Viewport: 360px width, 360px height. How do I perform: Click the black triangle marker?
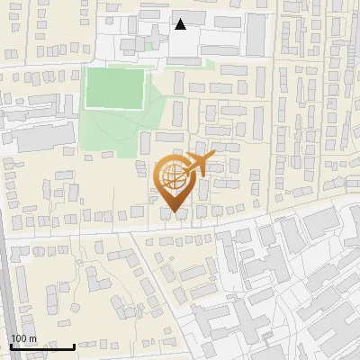point(180,24)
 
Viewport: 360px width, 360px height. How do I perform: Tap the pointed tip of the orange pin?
point(174,212)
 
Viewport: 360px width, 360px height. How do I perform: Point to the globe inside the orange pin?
point(173,178)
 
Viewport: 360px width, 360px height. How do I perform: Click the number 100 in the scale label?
point(20,338)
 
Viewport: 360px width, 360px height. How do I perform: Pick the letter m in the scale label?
point(32,338)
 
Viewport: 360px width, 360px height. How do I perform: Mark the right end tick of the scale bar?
point(75,345)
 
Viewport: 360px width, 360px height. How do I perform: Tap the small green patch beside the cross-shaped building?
point(147,45)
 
